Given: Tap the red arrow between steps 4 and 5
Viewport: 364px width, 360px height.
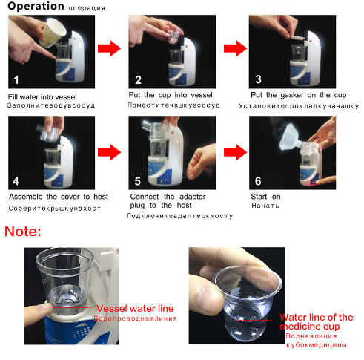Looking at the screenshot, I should (x=109, y=152).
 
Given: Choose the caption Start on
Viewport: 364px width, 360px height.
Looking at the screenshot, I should (x=267, y=196).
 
